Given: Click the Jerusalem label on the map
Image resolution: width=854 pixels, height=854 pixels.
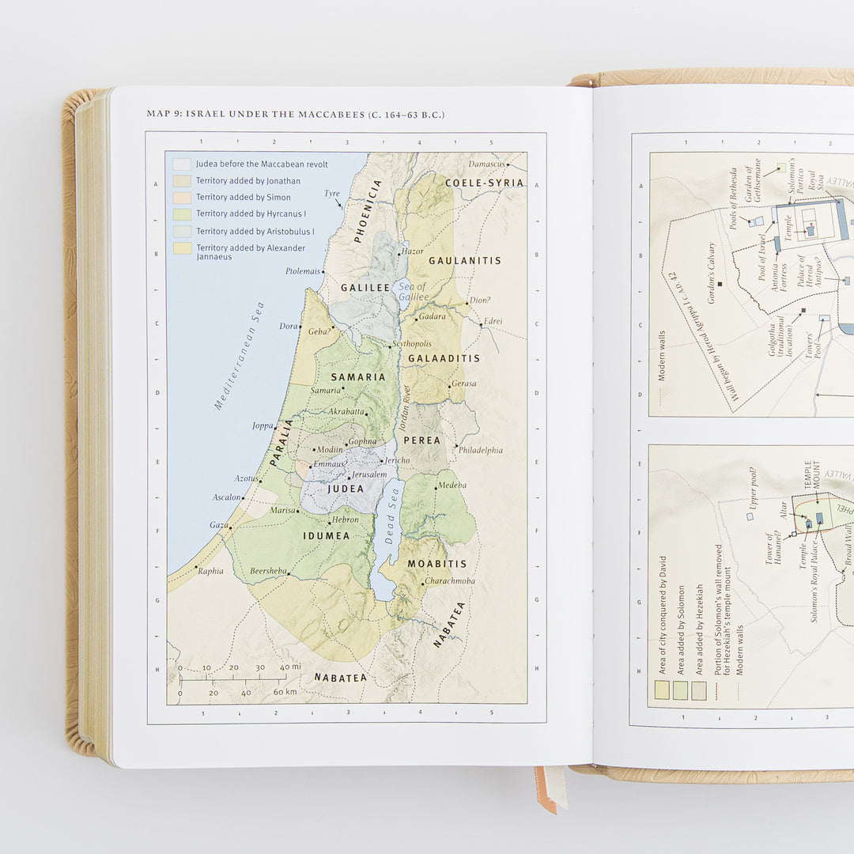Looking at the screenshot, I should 369,474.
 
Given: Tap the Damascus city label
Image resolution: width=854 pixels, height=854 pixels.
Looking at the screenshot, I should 486,164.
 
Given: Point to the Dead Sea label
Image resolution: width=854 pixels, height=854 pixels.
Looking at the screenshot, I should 390,525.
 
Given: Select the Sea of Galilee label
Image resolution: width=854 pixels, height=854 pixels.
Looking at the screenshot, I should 413,292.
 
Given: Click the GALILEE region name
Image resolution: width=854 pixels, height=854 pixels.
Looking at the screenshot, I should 365,288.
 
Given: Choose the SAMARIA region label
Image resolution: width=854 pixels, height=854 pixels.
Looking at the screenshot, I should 358,377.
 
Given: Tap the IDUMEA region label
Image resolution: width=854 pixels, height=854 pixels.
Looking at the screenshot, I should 326,536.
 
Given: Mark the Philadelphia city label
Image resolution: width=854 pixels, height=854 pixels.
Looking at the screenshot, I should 480,451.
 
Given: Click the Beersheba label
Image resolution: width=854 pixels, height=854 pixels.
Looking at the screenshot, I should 268,571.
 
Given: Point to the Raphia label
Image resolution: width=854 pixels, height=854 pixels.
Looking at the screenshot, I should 210,571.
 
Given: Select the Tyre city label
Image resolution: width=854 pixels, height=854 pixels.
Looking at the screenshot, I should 331,194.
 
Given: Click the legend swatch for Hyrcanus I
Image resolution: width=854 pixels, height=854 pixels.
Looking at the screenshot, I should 182,214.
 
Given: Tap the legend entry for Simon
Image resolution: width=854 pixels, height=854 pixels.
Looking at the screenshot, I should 244,198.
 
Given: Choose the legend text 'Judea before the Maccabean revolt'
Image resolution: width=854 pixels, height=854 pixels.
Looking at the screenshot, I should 262,164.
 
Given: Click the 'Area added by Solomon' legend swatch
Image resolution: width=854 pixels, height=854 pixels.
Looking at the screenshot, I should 680,690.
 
